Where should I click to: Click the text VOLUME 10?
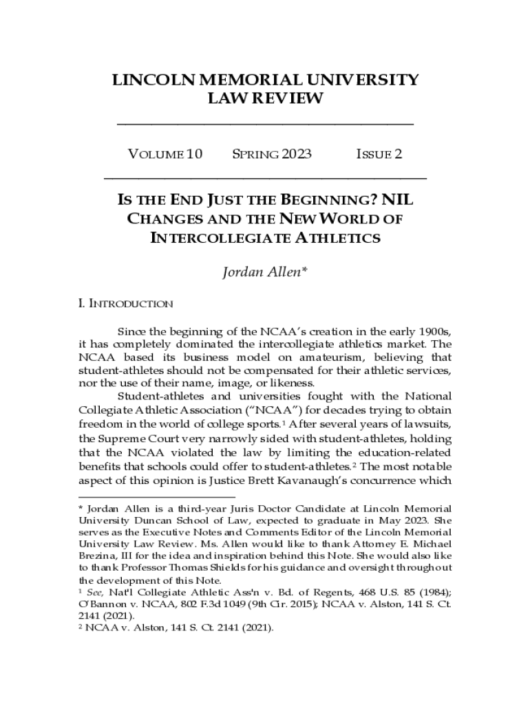coord(165,154)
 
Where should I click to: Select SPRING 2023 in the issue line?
coord(271,154)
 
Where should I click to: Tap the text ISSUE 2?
coord(379,154)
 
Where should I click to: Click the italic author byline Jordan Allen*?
coord(264,273)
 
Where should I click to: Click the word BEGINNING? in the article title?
coord(326,201)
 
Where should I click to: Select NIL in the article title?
coord(399,201)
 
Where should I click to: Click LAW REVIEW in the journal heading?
coord(265,98)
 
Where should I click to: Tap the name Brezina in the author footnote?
coord(97,555)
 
